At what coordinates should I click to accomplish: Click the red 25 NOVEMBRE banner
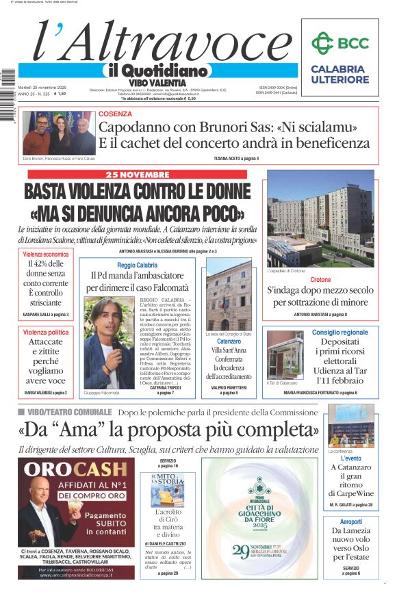tap(137, 174)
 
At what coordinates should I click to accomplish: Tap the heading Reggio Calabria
tap(137, 265)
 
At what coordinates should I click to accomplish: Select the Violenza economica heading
tap(47, 254)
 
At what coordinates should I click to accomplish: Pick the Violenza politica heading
tap(46, 332)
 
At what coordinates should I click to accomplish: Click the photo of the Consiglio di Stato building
tap(229, 296)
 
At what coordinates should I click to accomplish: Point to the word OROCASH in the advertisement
tap(73, 470)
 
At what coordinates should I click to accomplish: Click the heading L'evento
tap(350, 458)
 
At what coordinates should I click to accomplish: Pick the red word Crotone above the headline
tap(320, 281)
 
